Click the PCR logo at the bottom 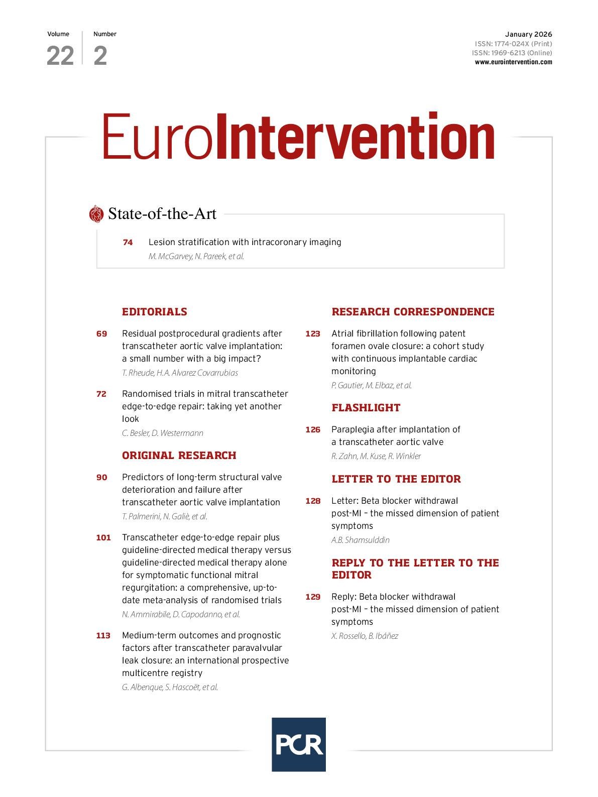pos(298,744)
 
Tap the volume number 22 pos(60,56)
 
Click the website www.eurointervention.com pos(513,62)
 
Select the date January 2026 pos(528,34)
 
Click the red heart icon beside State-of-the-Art pos(95,214)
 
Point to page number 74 pos(128,243)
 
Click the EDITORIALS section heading pos(154,312)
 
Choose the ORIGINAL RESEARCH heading pos(179,456)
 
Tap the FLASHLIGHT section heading pos(366,408)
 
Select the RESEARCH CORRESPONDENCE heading pos(413,312)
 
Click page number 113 pos(103,636)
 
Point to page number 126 pos(312,430)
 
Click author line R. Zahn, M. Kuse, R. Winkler pos(376,456)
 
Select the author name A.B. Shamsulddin pos(360,540)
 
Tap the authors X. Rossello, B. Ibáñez pos(365,636)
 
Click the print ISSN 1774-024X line pos(513,44)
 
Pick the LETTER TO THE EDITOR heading pos(396,479)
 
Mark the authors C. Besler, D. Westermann pos(162,433)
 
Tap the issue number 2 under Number pos(100,56)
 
